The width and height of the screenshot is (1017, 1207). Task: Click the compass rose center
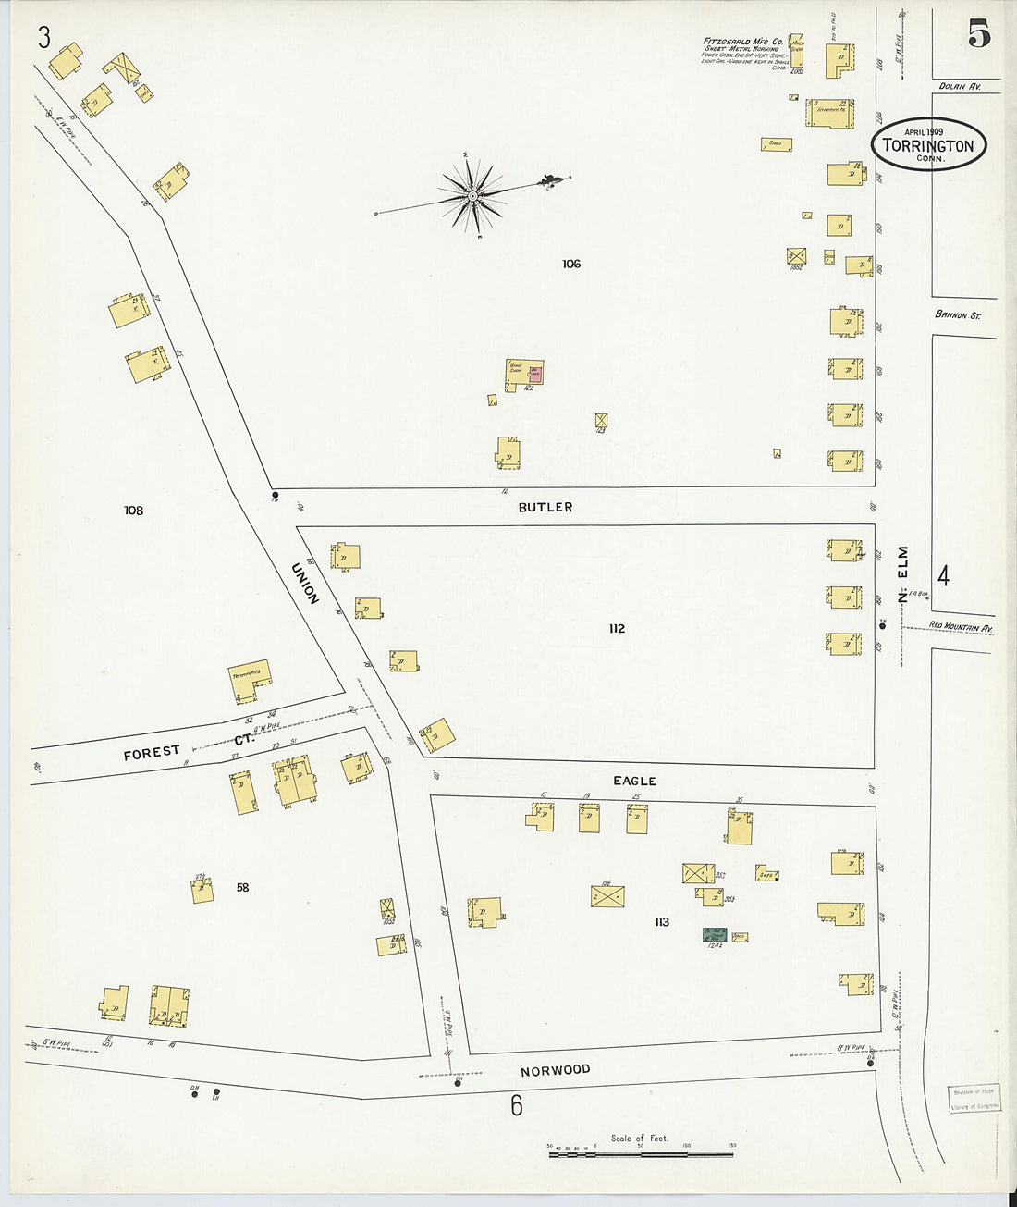(x=472, y=195)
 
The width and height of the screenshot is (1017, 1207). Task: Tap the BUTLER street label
(x=545, y=507)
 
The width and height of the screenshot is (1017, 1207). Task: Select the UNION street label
(x=306, y=584)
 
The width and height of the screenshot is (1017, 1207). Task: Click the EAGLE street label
(x=634, y=782)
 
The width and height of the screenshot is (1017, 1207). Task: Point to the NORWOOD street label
(x=555, y=1070)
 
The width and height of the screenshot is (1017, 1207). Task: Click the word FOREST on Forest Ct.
(x=152, y=752)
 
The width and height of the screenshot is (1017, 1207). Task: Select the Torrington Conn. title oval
(x=928, y=144)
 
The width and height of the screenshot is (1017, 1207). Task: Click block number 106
(x=571, y=265)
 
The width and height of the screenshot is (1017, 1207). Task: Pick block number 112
(x=617, y=629)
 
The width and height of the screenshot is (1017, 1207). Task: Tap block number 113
(x=661, y=922)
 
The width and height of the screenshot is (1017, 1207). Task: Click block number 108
(x=134, y=511)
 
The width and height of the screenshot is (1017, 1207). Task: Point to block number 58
(x=242, y=888)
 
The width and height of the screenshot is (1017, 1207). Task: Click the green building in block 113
(x=715, y=934)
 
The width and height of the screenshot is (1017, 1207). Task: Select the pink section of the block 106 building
(x=535, y=373)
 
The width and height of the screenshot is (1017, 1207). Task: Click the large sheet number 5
(x=979, y=35)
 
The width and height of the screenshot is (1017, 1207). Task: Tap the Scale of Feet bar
(x=641, y=1153)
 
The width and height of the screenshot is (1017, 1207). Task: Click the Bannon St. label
(x=957, y=315)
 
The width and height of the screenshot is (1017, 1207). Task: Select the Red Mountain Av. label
(x=961, y=628)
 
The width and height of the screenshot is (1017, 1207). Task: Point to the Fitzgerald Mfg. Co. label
(x=743, y=43)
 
